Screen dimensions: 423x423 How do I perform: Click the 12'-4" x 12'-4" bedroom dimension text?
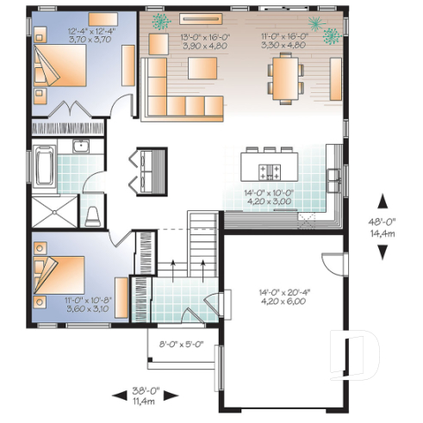click(x=85, y=34)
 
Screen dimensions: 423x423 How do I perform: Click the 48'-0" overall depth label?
click(x=383, y=226)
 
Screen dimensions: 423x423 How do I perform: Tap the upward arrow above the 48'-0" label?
click(x=383, y=202)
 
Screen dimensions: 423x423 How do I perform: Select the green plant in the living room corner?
click(x=159, y=21)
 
